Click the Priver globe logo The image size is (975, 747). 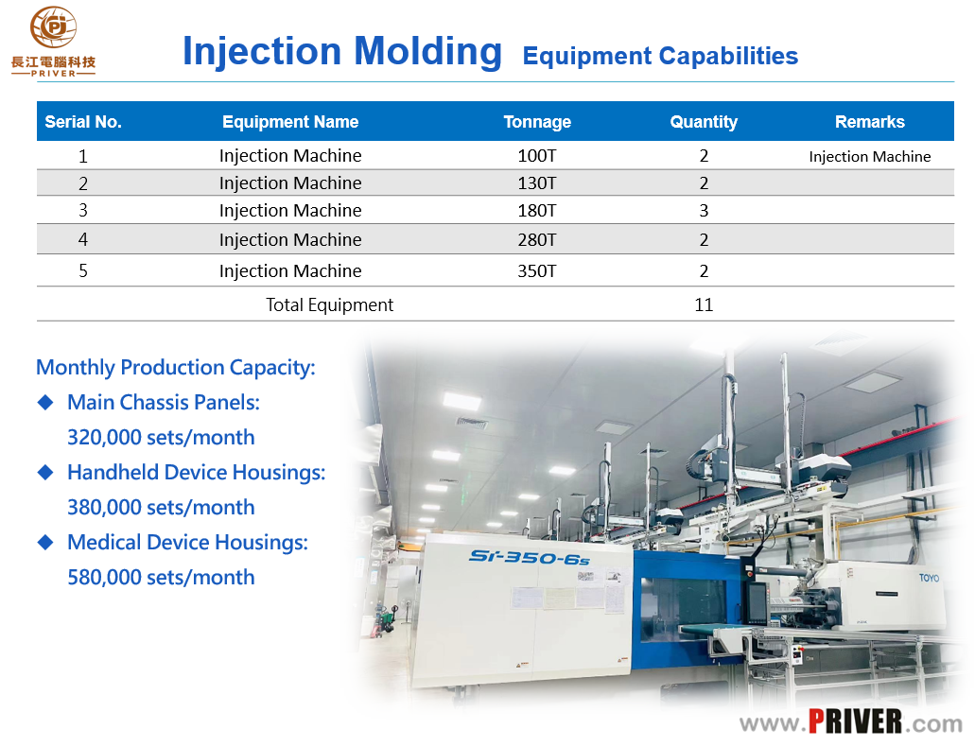(54, 26)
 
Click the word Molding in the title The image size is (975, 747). (427, 51)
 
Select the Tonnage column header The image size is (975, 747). (537, 122)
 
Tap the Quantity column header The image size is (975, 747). (704, 122)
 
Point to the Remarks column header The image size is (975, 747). (869, 122)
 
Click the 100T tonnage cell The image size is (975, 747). (537, 155)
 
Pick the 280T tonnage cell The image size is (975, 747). (537, 240)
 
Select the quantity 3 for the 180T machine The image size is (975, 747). (704, 211)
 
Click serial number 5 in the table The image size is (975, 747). (82, 271)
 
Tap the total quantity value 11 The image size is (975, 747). (704, 304)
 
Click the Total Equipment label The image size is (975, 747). (329, 304)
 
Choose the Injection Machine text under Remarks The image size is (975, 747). (870, 157)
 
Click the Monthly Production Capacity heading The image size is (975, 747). (176, 368)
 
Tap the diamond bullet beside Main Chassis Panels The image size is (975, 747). (45, 403)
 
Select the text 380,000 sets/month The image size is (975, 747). (161, 508)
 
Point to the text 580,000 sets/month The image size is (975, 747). (161, 577)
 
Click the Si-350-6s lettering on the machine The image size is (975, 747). (530, 557)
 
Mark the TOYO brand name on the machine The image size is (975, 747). (929, 578)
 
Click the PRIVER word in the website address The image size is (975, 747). (855, 721)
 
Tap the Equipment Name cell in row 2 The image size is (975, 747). (290, 182)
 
